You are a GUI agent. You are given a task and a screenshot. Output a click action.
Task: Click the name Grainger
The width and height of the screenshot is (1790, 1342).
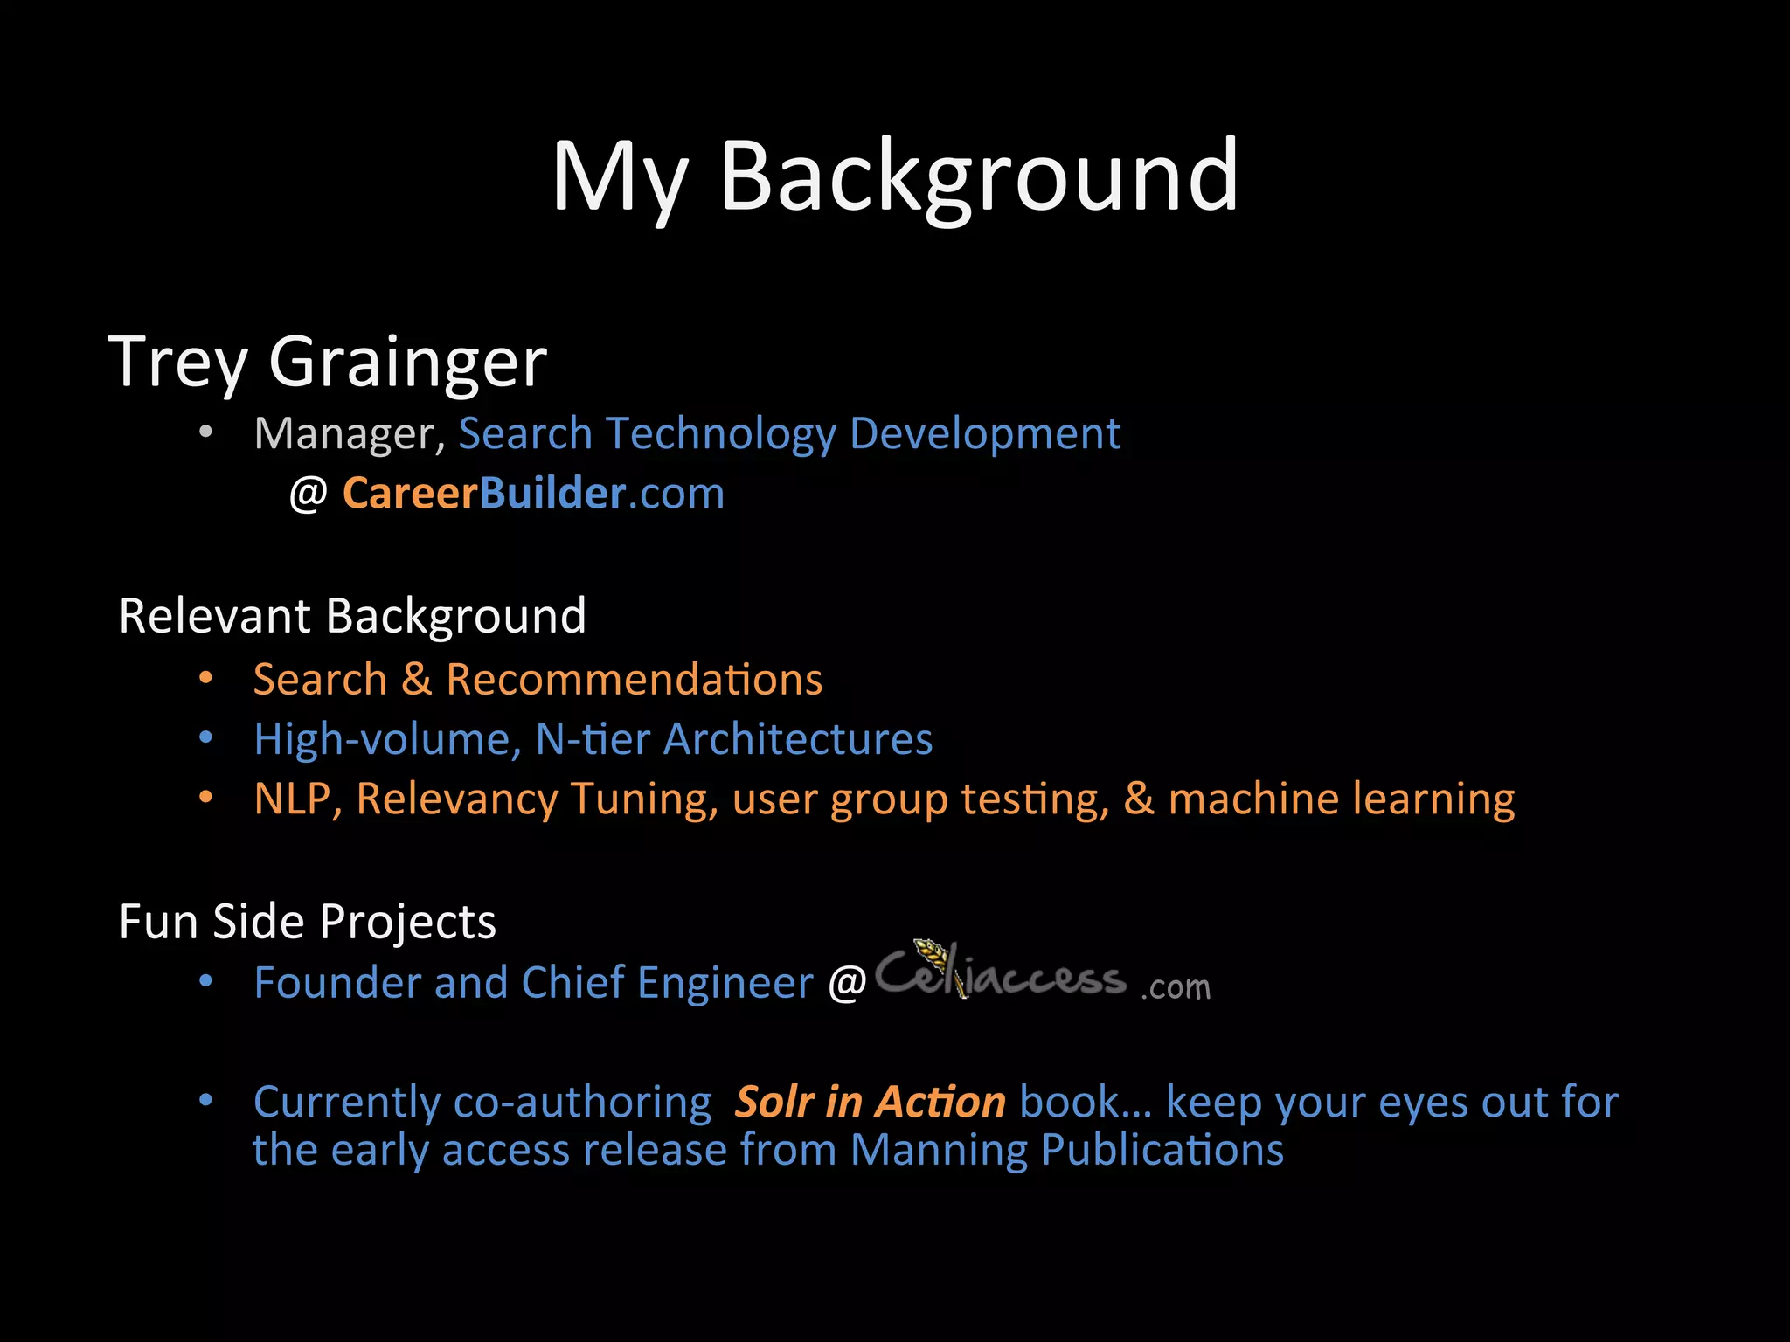(x=407, y=363)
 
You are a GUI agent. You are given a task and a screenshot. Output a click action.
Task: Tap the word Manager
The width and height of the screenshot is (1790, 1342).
(x=344, y=434)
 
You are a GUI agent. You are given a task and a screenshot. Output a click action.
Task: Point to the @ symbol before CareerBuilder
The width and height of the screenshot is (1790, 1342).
(x=308, y=495)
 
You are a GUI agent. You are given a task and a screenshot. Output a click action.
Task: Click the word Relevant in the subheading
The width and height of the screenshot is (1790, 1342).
(x=214, y=616)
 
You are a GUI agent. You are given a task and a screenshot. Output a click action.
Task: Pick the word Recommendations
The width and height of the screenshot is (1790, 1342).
(x=634, y=680)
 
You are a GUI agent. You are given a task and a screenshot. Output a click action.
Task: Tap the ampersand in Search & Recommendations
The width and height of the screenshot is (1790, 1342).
(x=417, y=680)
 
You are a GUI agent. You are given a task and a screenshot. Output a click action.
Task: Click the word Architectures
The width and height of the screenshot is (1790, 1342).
(x=797, y=739)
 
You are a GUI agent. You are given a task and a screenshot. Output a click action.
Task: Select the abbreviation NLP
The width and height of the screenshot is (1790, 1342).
(x=292, y=799)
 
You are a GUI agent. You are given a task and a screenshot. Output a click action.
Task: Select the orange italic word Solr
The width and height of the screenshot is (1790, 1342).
(x=775, y=1102)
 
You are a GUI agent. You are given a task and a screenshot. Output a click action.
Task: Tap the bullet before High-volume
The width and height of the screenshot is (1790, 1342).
(x=205, y=738)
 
